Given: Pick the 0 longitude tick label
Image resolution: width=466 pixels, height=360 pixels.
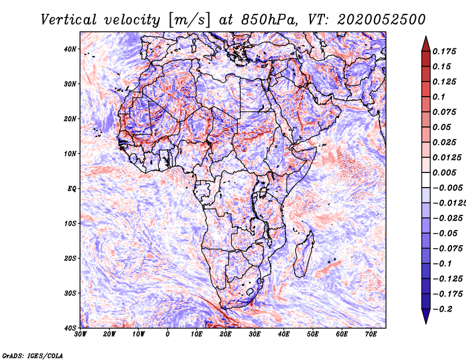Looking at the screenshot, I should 168,334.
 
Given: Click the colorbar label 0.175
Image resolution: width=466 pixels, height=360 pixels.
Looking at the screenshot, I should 444,51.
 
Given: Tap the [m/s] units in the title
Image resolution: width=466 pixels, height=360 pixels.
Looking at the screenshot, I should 189,20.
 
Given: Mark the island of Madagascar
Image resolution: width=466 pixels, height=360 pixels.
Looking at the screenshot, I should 303,255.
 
